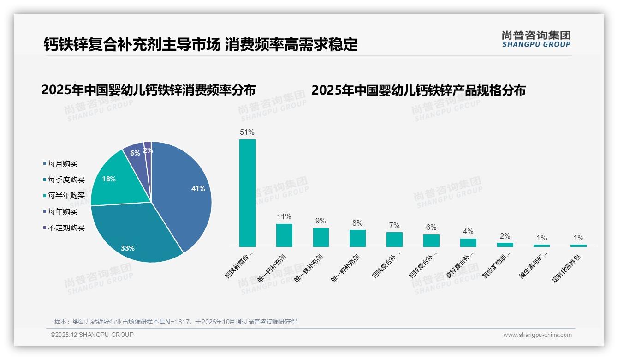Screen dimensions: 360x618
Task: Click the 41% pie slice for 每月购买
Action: click(184, 194)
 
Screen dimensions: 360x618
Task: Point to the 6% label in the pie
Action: click(135, 153)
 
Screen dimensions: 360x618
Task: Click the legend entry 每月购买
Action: click(62, 163)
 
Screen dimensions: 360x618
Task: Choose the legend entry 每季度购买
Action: click(66, 180)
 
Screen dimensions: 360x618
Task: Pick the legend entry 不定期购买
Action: click(66, 228)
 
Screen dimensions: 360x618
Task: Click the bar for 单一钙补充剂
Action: click(284, 235)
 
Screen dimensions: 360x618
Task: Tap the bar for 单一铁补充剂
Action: click(321, 237)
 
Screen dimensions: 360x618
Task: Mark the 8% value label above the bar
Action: click(357, 223)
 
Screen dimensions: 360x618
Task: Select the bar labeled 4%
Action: click(468, 242)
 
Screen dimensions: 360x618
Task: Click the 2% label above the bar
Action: click(505, 236)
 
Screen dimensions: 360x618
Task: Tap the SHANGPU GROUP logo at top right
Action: click(536, 39)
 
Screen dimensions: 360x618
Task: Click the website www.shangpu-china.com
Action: click(537, 335)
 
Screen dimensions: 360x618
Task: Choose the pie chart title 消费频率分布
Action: click(148, 90)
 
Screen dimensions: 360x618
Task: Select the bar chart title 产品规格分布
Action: click(418, 90)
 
